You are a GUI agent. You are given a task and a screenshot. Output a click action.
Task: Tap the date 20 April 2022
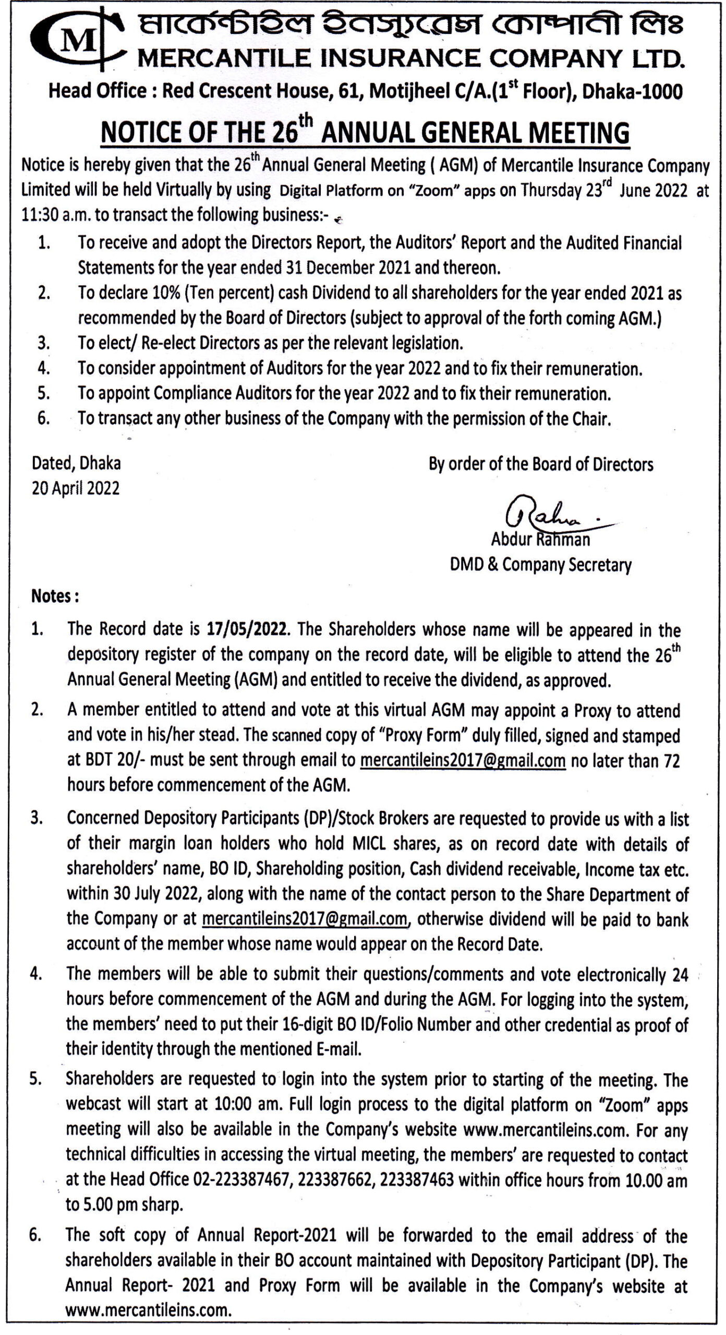coord(76,489)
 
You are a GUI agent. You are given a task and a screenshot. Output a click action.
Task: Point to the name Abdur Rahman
coord(540,539)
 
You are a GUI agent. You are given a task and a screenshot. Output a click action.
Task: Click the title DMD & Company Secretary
coord(540,565)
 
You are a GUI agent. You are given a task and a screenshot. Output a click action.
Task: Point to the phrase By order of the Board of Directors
coord(540,464)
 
